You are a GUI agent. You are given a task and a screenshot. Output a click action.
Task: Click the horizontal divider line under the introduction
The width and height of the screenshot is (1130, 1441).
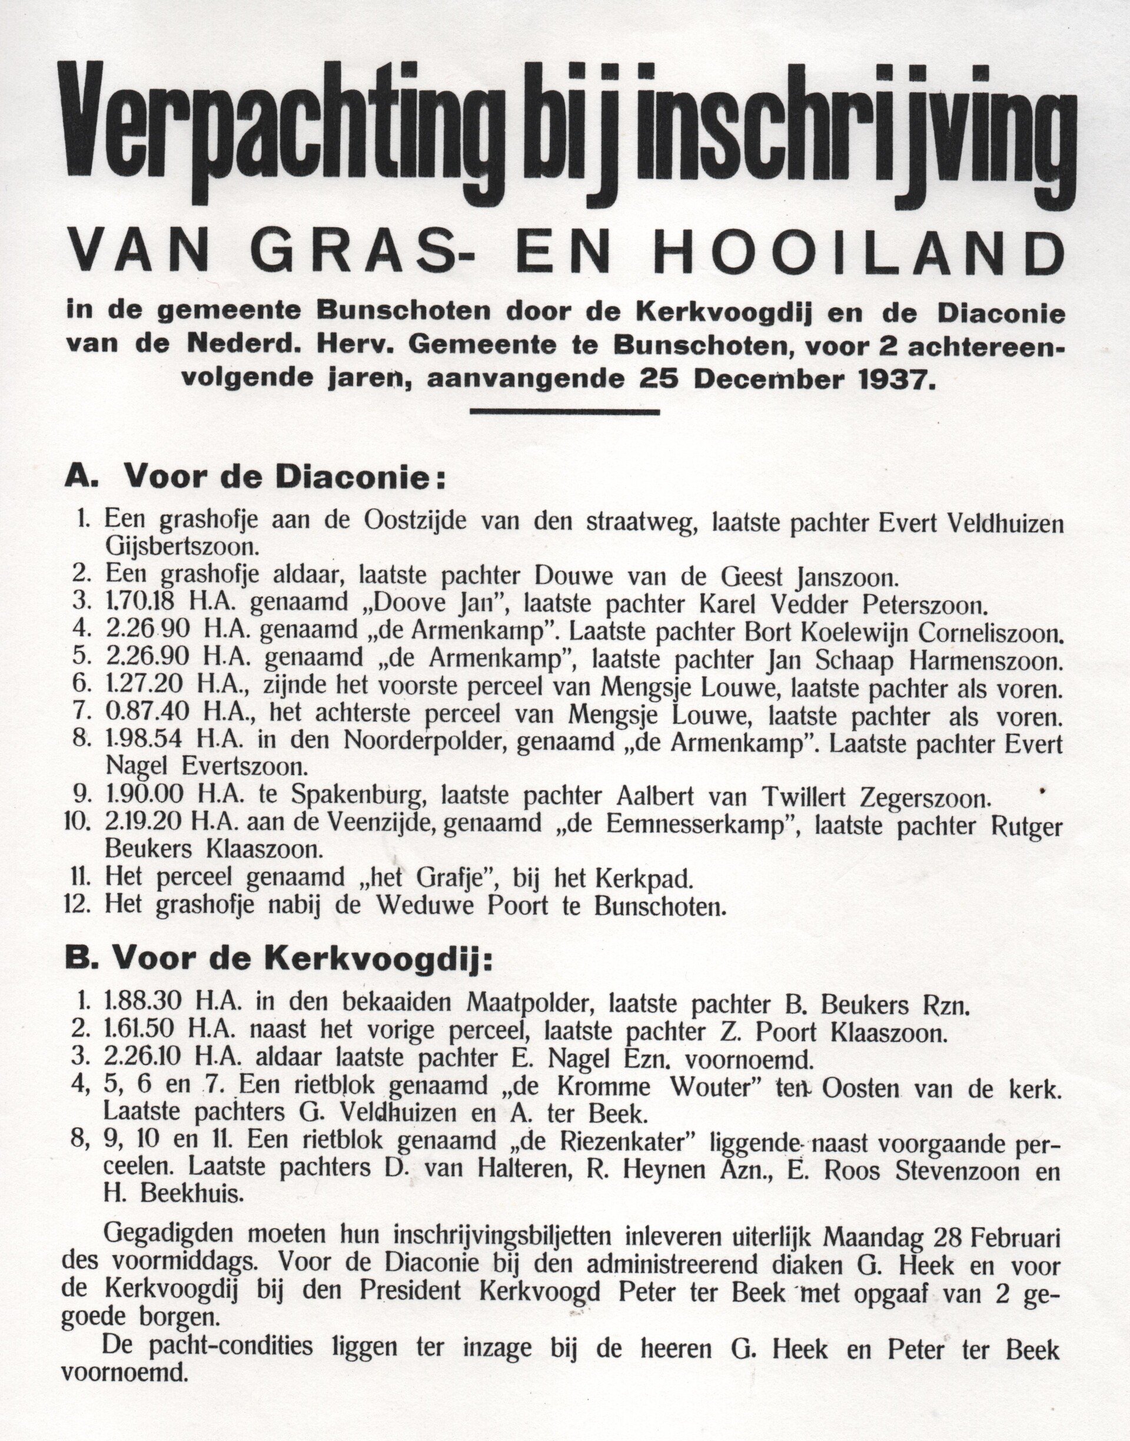(x=564, y=412)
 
